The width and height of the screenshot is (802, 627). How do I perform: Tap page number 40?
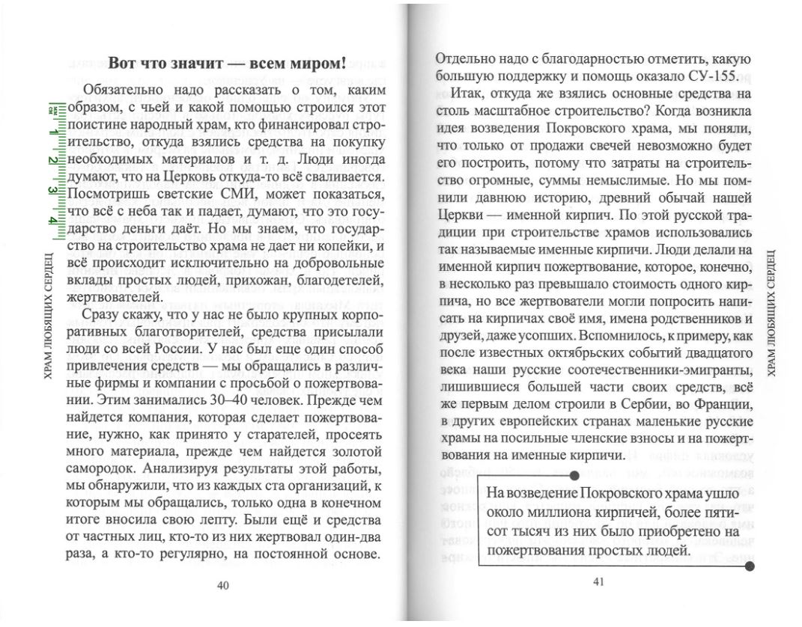(x=222, y=585)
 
